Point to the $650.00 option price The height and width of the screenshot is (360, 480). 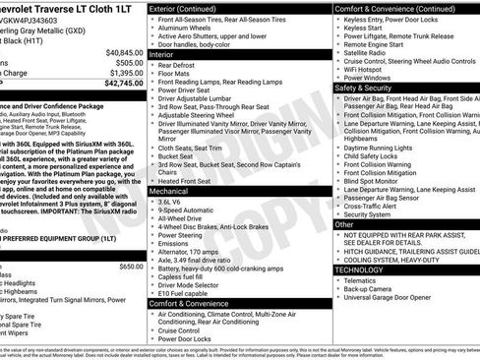(130, 266)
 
